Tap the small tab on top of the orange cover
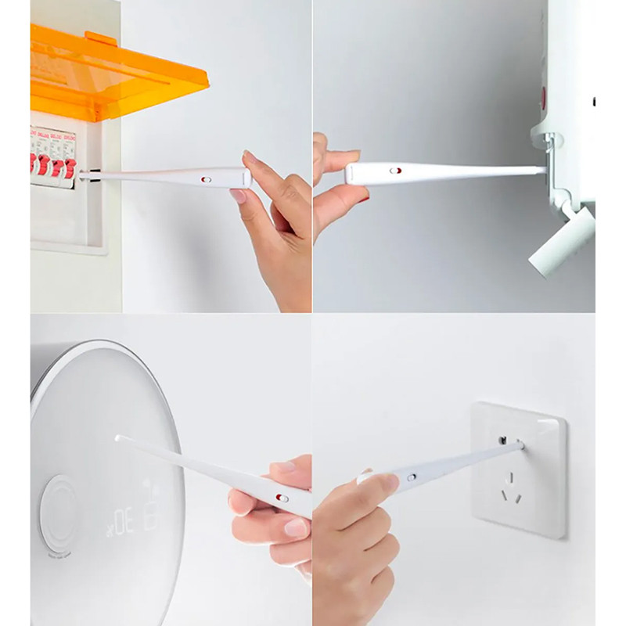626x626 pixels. click(x=101, y=38)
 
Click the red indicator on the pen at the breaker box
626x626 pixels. click(x=206, y=179)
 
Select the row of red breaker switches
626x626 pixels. click(x=53, y=167)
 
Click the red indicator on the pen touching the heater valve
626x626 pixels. click(x=397, y=169)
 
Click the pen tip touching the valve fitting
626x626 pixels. click(x=541, y=168)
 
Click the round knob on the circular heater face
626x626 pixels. click(x=59, y=513)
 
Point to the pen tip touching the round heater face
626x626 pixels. click(x=118, y=438)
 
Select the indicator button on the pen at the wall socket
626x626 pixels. click(x=411, y=476)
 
